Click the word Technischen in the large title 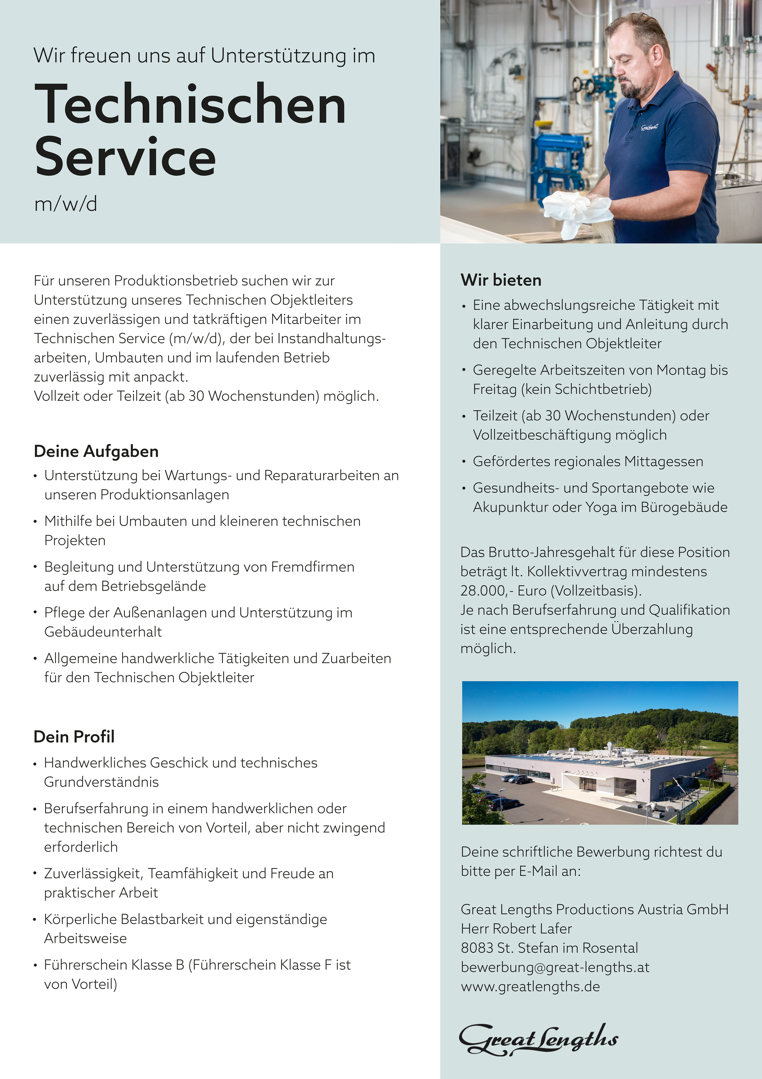coord(190,104)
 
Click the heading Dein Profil coord(74,736)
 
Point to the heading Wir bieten coord(501,280)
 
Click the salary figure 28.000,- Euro coord(504,591)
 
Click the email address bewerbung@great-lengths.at coord(555,967)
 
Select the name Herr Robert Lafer coord(516,929)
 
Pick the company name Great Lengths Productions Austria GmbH coord(594,909)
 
